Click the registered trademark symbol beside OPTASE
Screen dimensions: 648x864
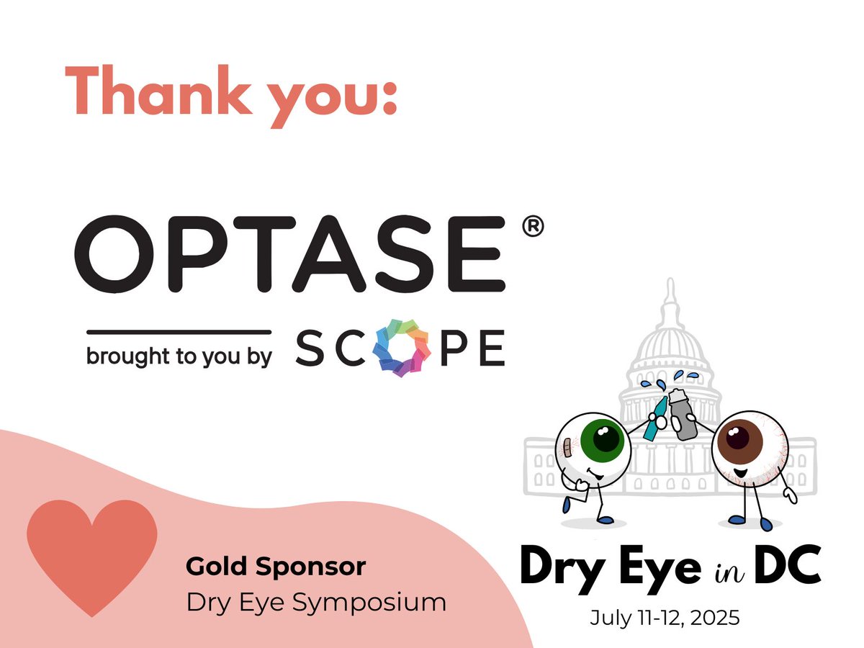tap(530, 228)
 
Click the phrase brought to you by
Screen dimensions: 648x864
tap(179, 357)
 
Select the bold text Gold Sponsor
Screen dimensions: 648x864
tap(276, 567)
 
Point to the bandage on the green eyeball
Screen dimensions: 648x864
tap(568, 447)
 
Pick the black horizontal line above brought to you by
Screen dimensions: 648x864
tap(179, 332)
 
